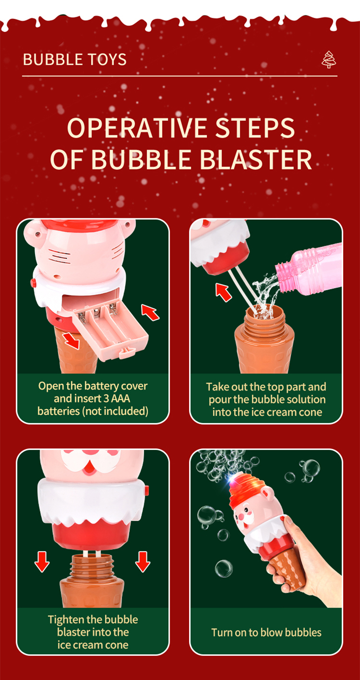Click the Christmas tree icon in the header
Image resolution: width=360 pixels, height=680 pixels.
pyautogui.click(x=329, y=60)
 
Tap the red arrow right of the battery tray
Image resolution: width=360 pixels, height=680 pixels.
pyautogui.click(x=150, y=312)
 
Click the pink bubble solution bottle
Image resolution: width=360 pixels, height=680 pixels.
pyautogui.click(x=309, y=270)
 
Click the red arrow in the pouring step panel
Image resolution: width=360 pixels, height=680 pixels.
pyautogui.click(x=224, y=292)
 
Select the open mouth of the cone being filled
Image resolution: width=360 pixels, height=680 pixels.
pyautogui.click(x=265, y=311)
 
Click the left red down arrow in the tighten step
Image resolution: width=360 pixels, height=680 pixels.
pyautogui.click(x=42, y=562)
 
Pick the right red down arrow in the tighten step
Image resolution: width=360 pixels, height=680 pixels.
pyautogui.click(x=143, y=562)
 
